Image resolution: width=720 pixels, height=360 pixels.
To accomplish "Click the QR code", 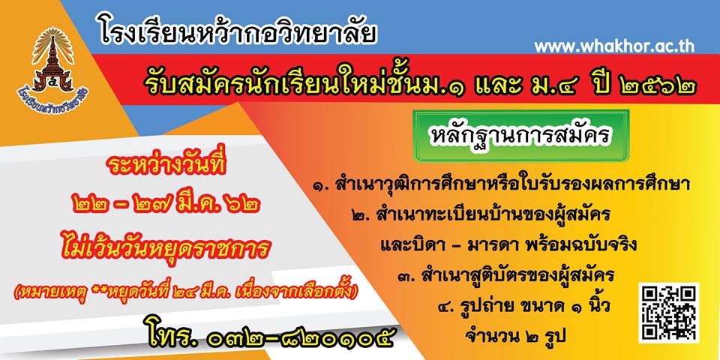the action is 668,313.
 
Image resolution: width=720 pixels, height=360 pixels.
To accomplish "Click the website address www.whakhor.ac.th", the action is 614,46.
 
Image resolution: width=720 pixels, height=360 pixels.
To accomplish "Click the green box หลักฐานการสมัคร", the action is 521,136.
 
